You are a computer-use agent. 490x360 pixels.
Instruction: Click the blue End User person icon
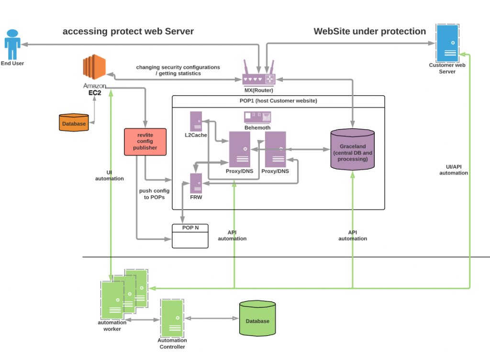(x=12, y=44)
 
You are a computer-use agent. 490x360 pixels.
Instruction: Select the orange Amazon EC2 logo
(x=93, y=67)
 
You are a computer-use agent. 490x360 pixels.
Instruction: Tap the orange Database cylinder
(x=74, y=123)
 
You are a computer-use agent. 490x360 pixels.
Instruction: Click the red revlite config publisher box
(x=145, y=142)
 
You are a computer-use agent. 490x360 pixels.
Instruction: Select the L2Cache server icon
(x=196, y=121)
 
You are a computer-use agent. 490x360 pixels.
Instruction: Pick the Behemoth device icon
(x=257, y=117)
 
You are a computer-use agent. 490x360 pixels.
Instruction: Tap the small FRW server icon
(x=196, y=183)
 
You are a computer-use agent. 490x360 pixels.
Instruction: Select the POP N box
(x=190, y=236)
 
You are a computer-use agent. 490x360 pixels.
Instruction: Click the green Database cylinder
(x=257, y=319)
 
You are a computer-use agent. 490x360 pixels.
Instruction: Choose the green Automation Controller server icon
(x=172, y=318)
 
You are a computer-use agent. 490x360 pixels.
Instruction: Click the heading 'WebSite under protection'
(x=369, y=32)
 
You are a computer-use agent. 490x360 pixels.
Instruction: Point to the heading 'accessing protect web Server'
(x=128, y=32)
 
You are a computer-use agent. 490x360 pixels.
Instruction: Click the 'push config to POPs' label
(x=154, y=194)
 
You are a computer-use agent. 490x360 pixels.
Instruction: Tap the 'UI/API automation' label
(x=454, y=170)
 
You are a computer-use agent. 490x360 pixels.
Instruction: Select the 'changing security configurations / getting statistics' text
(x=178, y=70)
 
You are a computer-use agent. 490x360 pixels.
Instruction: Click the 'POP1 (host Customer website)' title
(x=278, y=101)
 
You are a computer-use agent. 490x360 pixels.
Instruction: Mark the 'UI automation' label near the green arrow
(x=110, y=175)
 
